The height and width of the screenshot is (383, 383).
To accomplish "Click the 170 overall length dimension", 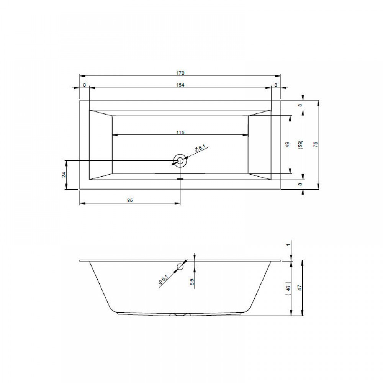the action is [x=180, y=73].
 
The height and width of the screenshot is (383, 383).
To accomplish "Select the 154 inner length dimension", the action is [x=180, y=85].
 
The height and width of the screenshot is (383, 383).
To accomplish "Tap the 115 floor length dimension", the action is [x=180, y=133].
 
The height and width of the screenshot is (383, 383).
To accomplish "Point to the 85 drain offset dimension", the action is [x=130, y=200].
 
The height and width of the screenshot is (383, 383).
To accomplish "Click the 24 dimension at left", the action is [x=64, y=174].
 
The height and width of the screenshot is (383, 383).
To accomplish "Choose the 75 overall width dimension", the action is [x=315, y=144].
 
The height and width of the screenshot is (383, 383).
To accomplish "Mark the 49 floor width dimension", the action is [x=288, y=144].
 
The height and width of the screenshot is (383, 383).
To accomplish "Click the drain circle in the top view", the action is [x=180, y=160].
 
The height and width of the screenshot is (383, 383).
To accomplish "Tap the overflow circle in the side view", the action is [x=180, y=267].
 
